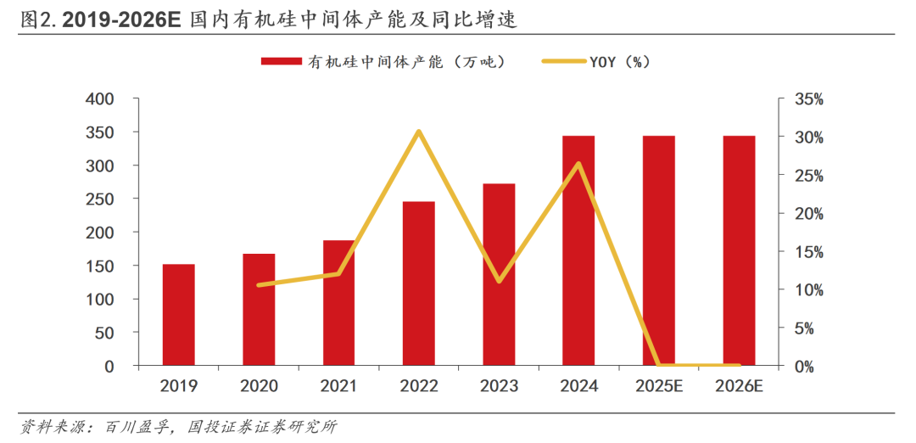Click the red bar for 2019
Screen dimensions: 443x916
(179, 315)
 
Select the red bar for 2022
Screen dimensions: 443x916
(419, 283)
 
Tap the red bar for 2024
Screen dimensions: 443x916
(578, 250)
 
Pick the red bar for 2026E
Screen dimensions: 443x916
(739, 250)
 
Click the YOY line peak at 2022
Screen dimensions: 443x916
(419, 132)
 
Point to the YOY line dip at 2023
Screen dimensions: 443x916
(500, 281)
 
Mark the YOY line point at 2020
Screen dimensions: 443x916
(259, 285)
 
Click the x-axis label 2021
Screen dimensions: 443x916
(338, 386)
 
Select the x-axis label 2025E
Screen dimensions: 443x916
(659, 386)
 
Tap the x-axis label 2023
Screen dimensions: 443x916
(499, 386)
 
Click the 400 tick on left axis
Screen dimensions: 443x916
(100, 99)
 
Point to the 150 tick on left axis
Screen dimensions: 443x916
(100, 266)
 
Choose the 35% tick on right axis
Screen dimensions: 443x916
(808, 99)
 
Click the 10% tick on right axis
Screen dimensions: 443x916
(808, 290)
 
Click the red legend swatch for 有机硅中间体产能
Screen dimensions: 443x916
(282, 61)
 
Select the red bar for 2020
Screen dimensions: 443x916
(259, 310)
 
